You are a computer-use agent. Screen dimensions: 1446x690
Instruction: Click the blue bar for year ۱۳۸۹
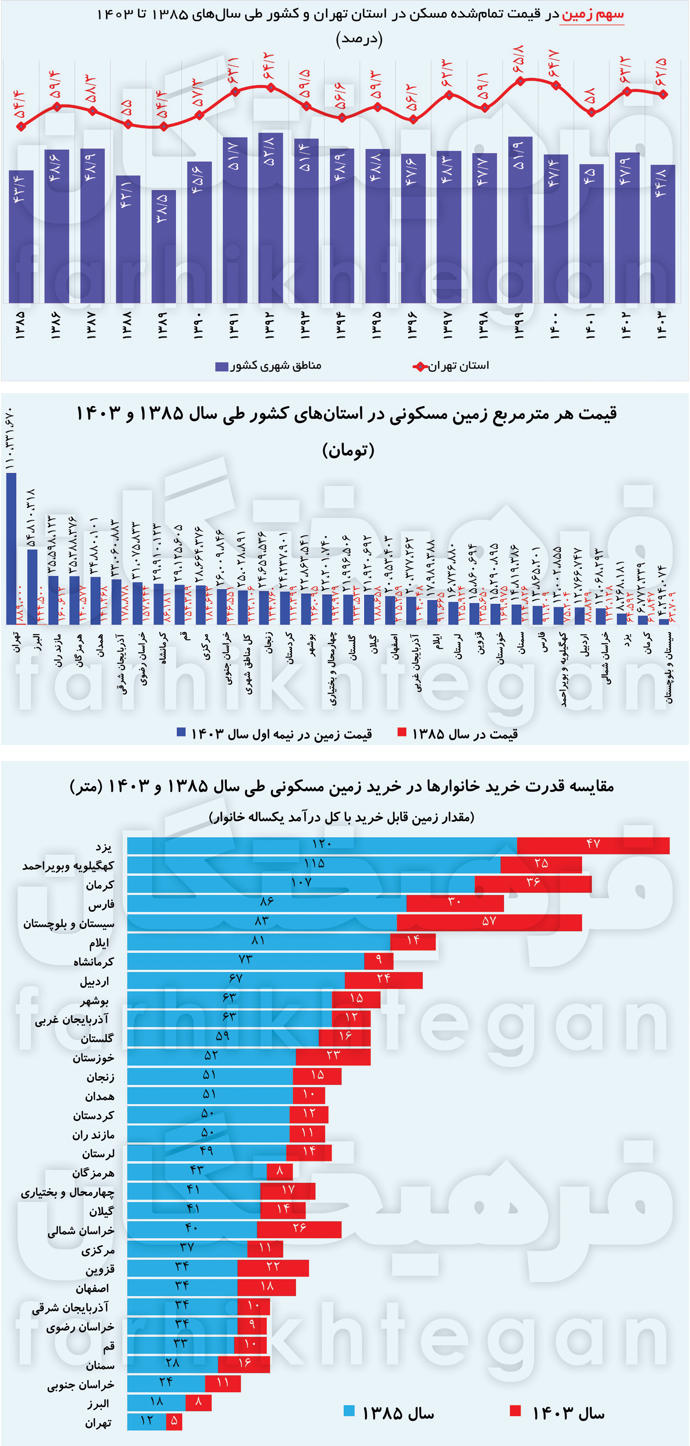tap(163, 247)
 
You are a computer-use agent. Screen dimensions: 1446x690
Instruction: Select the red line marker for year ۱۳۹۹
tap(520, 81)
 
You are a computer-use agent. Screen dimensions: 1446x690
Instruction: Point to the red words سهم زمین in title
tap(592, 15)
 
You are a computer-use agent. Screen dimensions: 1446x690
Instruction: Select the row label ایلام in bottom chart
tap(99, 943)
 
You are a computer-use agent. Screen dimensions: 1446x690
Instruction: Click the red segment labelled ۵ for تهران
tap(174, 1421)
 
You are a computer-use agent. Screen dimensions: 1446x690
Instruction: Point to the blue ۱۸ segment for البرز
tap(156, 1402)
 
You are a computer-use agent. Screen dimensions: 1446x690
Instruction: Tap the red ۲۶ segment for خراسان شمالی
tap(299, 1229)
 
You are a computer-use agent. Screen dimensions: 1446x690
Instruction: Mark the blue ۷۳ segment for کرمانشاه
tap(245, 960)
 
